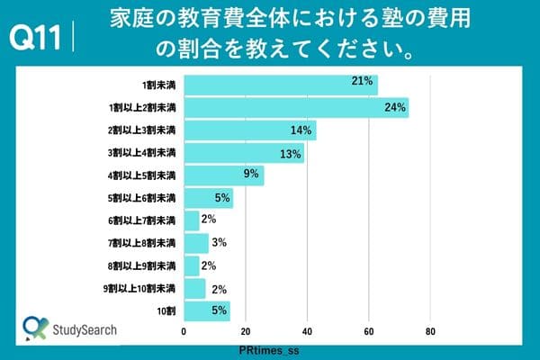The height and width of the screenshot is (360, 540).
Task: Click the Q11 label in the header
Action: click(x=33, y=40)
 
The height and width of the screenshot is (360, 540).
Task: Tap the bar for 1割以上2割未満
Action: click(x=295, y=108)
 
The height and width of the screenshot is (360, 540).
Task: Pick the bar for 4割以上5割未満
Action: click(x=224, y=175)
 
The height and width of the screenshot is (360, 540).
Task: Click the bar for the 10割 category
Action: click(x=207, y=311)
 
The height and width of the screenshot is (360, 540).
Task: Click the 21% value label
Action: click(x=363, y=82)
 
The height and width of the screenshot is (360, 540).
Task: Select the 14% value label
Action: click(x=301, y=130)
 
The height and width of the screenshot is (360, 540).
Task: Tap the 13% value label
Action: click(x=290, y=153)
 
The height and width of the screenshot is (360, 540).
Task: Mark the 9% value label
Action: click(x=251, y=174)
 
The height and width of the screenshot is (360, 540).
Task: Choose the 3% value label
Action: click(x=219, y=242)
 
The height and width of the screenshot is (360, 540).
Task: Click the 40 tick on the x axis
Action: click(x=307, y=331)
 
